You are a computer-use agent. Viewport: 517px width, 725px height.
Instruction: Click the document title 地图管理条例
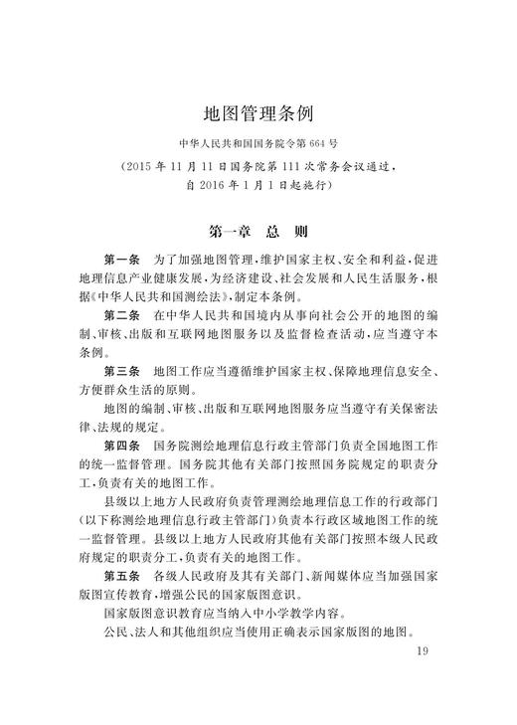pos(258,109)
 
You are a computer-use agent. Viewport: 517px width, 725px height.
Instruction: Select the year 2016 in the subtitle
pos(220,185)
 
